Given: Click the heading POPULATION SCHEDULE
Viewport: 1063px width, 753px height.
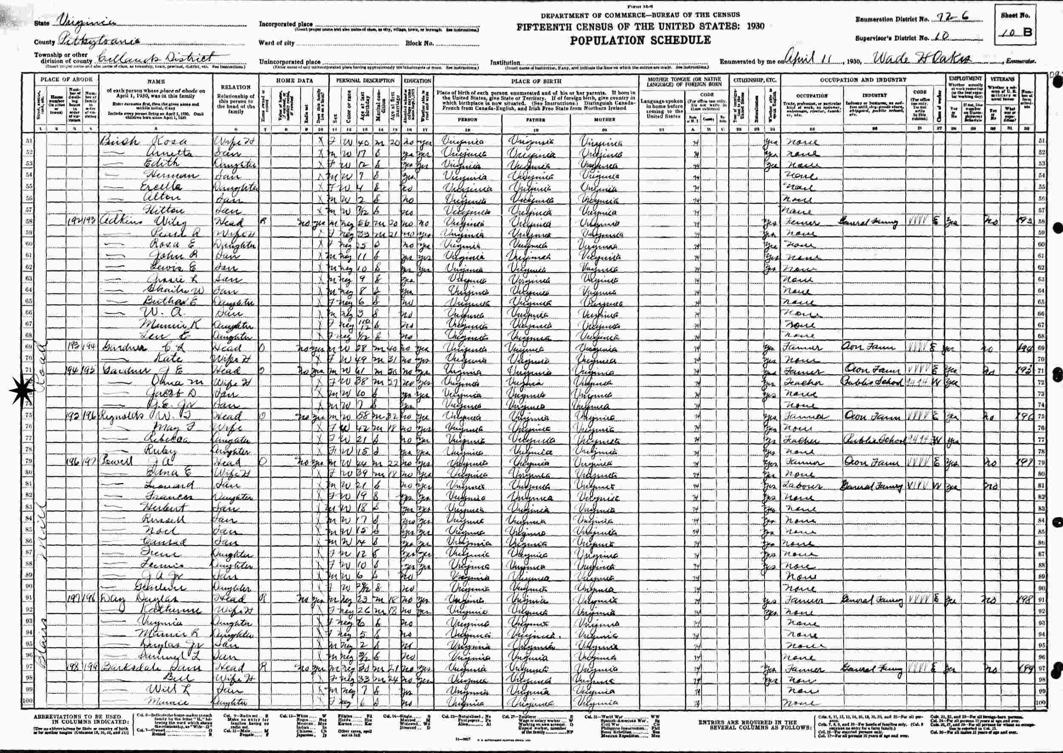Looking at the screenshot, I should pos(640,40).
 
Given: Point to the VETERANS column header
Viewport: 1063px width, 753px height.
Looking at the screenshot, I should pos(1002,79).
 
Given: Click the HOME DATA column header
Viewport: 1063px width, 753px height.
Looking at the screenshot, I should pos(294,80).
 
